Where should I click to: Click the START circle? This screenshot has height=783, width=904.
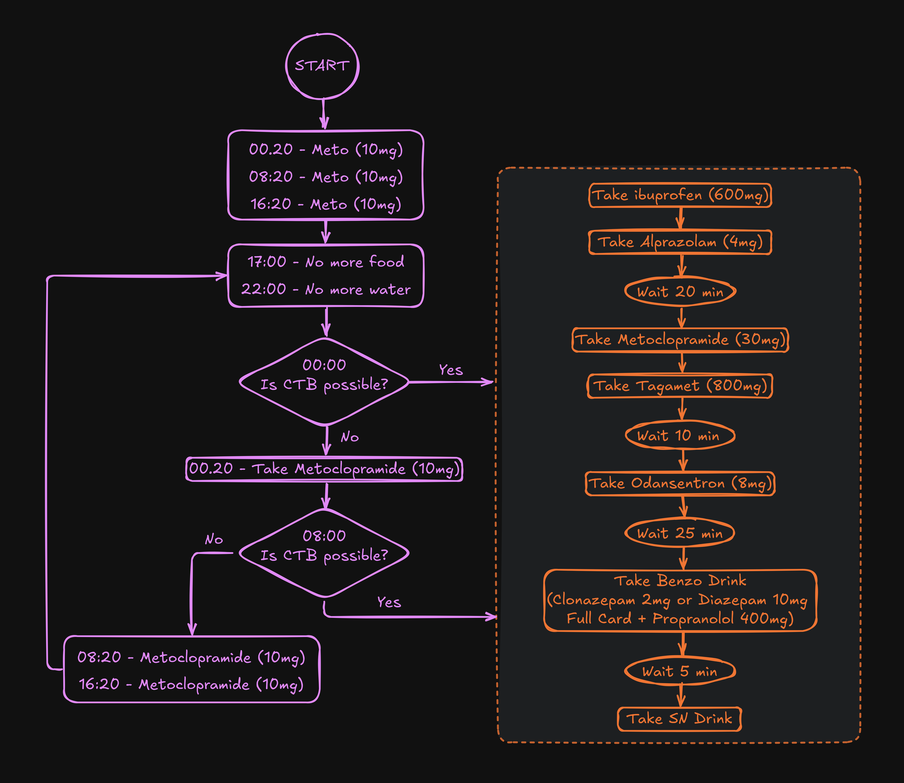(x=322, y=66)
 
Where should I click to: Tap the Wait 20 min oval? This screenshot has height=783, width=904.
(x=680, y=291)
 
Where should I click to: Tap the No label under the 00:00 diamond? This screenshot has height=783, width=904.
(x=350, y=437)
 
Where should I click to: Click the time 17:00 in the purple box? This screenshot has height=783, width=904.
(x=267, y=262)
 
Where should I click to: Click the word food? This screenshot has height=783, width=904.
(x=386, y=262)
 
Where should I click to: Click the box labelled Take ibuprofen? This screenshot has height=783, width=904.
(x=680, y=195)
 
